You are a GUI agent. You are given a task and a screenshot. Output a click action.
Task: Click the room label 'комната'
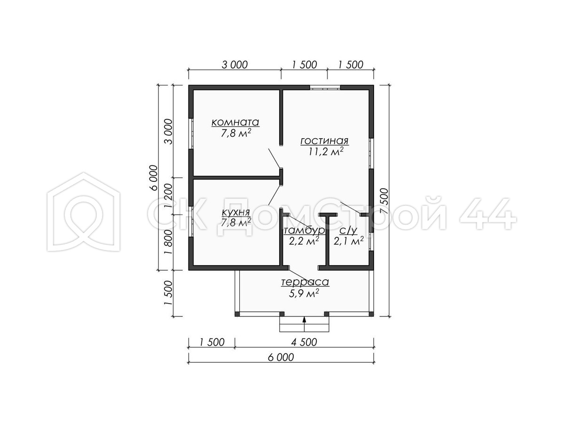click(235, 123)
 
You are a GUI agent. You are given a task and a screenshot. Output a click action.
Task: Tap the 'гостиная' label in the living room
click(324, 141)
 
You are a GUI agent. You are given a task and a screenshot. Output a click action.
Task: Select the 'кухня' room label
click(235, 212)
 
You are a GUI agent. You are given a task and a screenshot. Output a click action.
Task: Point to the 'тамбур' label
click(304, 231)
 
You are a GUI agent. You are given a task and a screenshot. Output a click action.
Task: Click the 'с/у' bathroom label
click(348, 231)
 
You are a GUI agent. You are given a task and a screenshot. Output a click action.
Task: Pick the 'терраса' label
click(305, 282)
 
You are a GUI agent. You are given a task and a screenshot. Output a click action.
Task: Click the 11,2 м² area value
click(326, 152)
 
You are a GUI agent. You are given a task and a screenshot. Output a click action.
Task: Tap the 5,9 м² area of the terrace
click(304, 293)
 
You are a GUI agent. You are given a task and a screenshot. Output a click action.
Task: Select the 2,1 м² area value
click(348, 241)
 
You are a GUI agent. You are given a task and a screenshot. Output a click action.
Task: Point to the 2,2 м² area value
click(304, 241)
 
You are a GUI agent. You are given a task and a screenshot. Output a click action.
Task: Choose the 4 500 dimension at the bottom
click(304, 342)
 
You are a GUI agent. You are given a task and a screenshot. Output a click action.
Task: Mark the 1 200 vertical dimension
click(168, 196)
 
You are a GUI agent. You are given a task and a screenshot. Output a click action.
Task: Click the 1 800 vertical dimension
click(168, 242)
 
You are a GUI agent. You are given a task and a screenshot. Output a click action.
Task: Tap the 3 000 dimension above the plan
click(235, 65)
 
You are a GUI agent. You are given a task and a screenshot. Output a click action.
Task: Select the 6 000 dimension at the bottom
click(281, 357)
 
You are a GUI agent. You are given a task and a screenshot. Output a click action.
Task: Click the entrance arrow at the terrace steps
click(305, 324)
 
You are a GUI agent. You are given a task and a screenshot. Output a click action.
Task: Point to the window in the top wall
click(325, 87)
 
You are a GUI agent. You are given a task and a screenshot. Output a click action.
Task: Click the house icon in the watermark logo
click(84, 211)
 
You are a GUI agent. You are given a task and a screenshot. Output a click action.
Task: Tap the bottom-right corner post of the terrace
click(371, 314)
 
